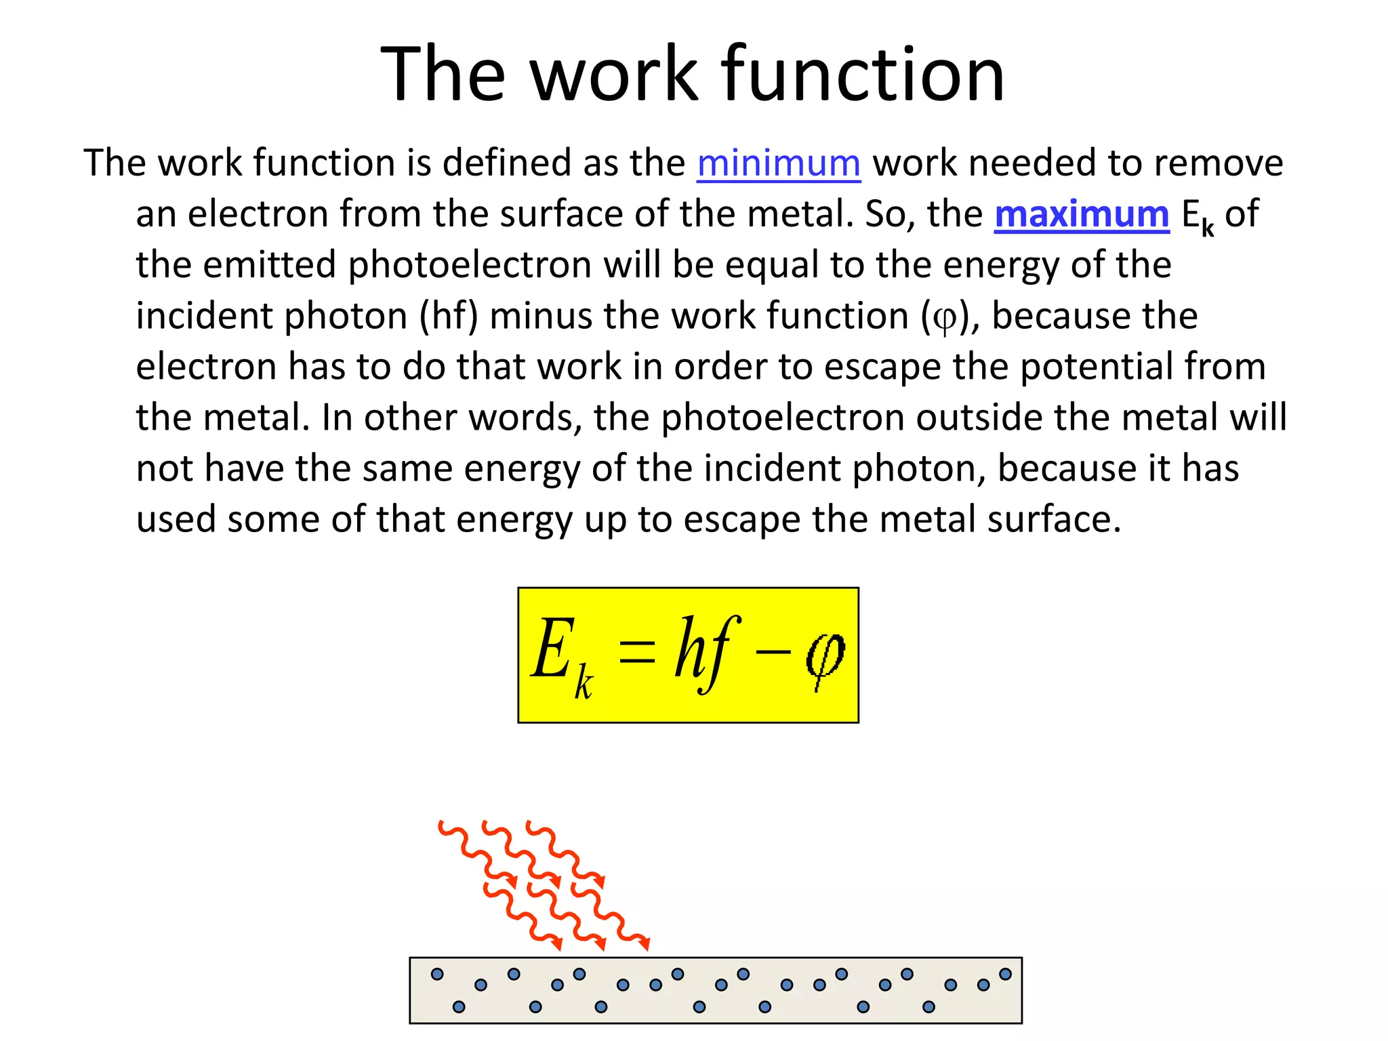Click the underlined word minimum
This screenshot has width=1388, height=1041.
[779, 163]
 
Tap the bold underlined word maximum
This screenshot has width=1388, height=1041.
[1082, 214]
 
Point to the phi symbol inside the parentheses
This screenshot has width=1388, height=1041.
[944, 318]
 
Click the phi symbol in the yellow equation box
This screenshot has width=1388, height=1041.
[825, 656]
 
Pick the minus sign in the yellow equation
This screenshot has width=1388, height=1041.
[773, 652]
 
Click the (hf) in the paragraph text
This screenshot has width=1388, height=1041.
[449, 316]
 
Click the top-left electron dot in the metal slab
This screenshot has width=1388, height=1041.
[437, 974]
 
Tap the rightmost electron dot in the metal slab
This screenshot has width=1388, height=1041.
[1005, 974]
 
